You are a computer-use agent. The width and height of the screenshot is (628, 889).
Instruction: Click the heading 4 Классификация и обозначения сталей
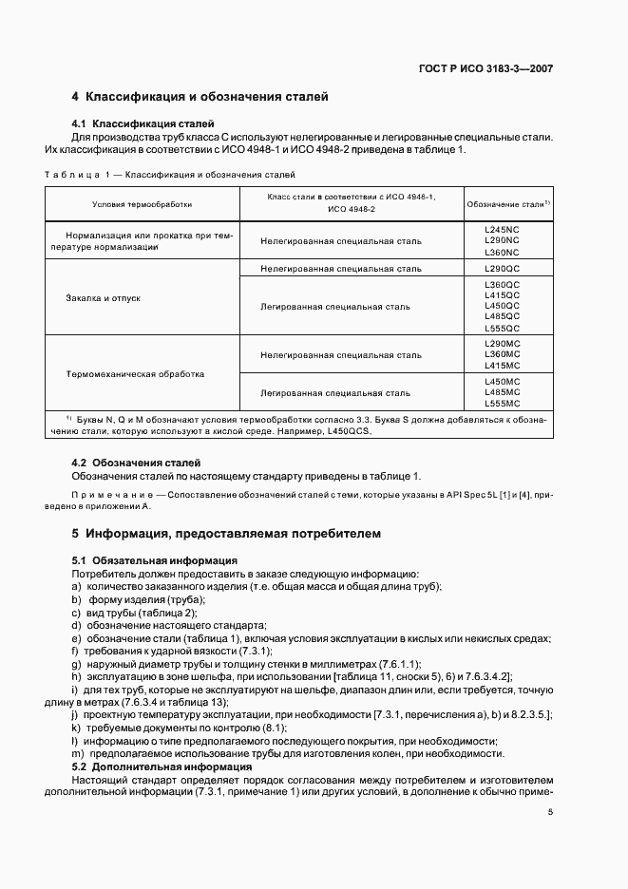click(200, 97)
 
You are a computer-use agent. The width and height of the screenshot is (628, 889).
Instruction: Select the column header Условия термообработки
click(142, 204)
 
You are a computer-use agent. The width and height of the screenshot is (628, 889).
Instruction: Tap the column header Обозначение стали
click(507, 204)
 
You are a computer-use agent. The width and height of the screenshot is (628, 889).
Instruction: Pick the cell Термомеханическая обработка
click(135, 373)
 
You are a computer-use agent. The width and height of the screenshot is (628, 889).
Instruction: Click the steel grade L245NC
click(502, 230)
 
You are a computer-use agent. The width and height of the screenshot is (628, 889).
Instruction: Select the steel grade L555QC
click(502, 328)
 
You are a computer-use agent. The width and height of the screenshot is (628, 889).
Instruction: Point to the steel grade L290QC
click(502, 269)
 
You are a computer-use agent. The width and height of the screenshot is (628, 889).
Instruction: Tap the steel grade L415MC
click(502, 366)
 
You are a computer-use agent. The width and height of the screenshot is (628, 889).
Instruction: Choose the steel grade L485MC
click(502, 391)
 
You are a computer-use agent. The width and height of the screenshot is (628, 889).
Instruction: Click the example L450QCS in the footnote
click(347, 430)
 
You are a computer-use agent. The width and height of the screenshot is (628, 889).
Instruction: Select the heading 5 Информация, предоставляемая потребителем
click(227, 534)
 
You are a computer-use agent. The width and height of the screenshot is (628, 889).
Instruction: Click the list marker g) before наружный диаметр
click(75, 663)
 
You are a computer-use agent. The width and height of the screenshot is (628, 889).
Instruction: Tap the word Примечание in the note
click(102, 497)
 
